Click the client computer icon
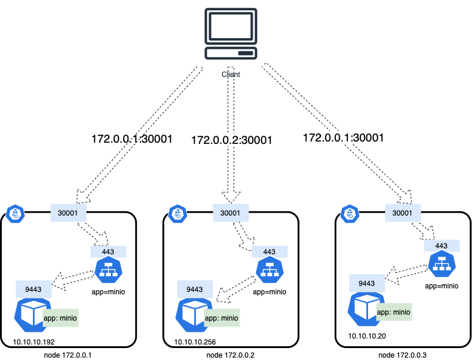tap(231, 34)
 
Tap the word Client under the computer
tap(231, 75)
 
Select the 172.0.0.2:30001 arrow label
tap(232, 141)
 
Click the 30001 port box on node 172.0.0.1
tap(69, 212)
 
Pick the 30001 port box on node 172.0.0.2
tap(231, 212)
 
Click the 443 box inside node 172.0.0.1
tap(108, 252)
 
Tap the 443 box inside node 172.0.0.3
tap(442, 246)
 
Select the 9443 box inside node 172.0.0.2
tap(195, 290)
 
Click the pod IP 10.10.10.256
tap(195, 342)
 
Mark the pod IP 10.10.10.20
tap(367, 336)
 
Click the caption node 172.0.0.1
tap(68, 355)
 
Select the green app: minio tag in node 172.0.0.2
tap(222, 318)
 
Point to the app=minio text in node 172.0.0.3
tap(442, 286)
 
